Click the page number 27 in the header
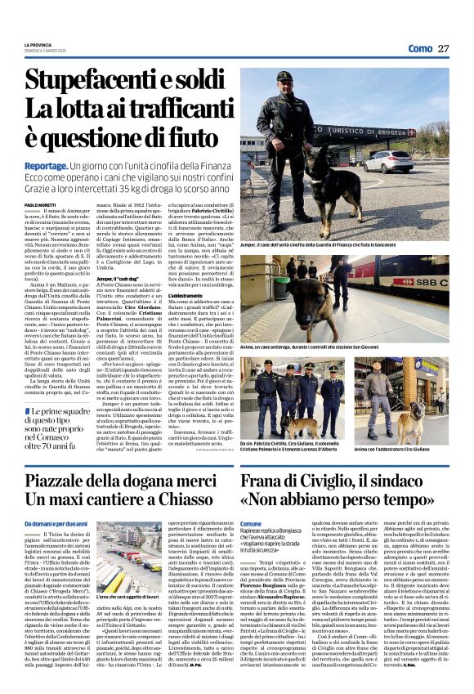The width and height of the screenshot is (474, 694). pyautogui.click(x=442, y=48)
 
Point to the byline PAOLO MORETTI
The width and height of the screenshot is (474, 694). pyautogui.click(x=39, y=204)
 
